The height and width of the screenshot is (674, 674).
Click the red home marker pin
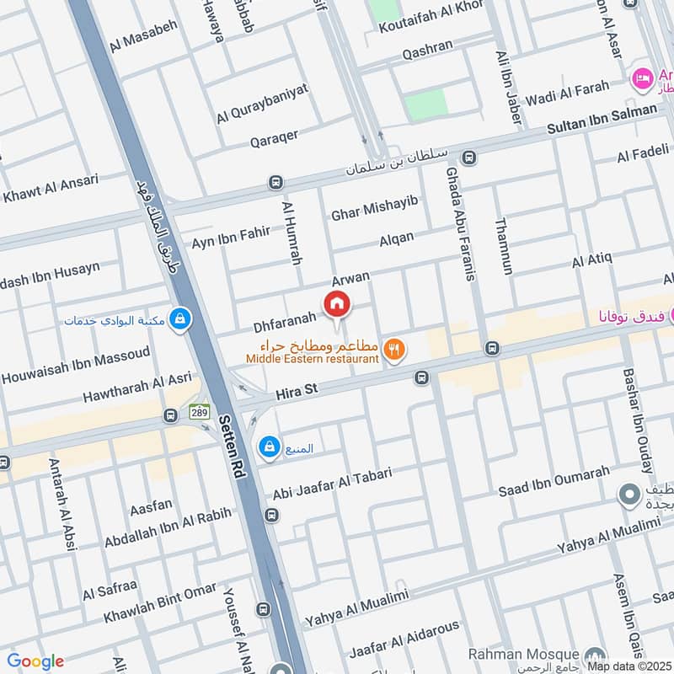pos(337,303)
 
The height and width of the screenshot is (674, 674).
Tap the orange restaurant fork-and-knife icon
pos(393,348)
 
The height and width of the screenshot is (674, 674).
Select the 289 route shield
pos(199,414)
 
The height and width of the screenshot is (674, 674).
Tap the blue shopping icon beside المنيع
pos(269,447)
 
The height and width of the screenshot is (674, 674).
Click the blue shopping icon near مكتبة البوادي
pos(179,318)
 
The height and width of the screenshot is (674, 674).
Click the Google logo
pos(35,661)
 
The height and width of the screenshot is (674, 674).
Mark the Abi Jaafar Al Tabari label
pos(332,484)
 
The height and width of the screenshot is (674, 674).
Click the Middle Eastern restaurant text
pos(313,359)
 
